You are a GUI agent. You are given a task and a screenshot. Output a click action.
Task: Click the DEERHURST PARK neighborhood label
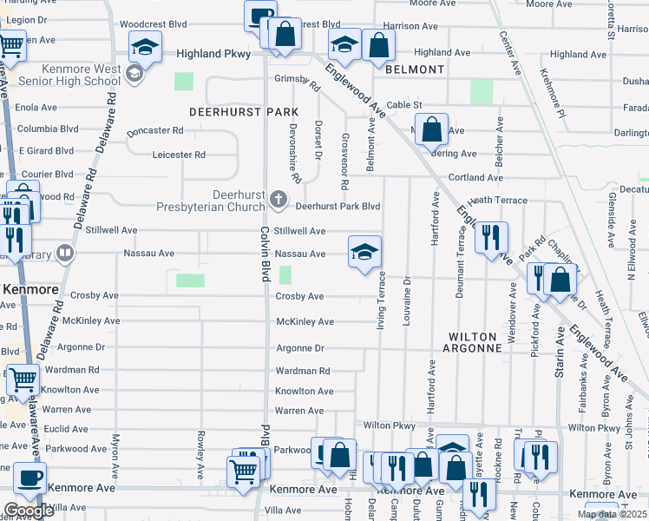pos(244,112)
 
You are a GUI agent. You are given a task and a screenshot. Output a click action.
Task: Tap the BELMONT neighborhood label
pos(415,69)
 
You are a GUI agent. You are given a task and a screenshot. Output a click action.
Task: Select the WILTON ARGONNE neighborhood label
pos(472,342)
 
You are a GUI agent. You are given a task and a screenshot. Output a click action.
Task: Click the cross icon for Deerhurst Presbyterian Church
pos(278,200)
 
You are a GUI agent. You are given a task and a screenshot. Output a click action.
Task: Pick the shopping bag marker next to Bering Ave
pos(431,130)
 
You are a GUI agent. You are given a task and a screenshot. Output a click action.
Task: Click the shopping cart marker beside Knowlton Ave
pos(23,379)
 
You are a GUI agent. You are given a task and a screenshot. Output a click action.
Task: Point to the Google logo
pos(29,511)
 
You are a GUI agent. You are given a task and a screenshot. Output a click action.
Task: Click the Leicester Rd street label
pos(179,155)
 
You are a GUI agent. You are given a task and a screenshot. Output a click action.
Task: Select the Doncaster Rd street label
pos(154,130)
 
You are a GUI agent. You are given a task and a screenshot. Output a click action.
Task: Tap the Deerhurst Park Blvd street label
pos(338,207)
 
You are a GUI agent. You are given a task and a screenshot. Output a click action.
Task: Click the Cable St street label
pos(404,105)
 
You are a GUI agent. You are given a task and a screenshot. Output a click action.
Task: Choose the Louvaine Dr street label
pos(406,302)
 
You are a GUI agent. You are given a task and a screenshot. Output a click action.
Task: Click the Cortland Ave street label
pos(475,177)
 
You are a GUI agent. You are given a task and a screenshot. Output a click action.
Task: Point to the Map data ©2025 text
pos(612,514)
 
